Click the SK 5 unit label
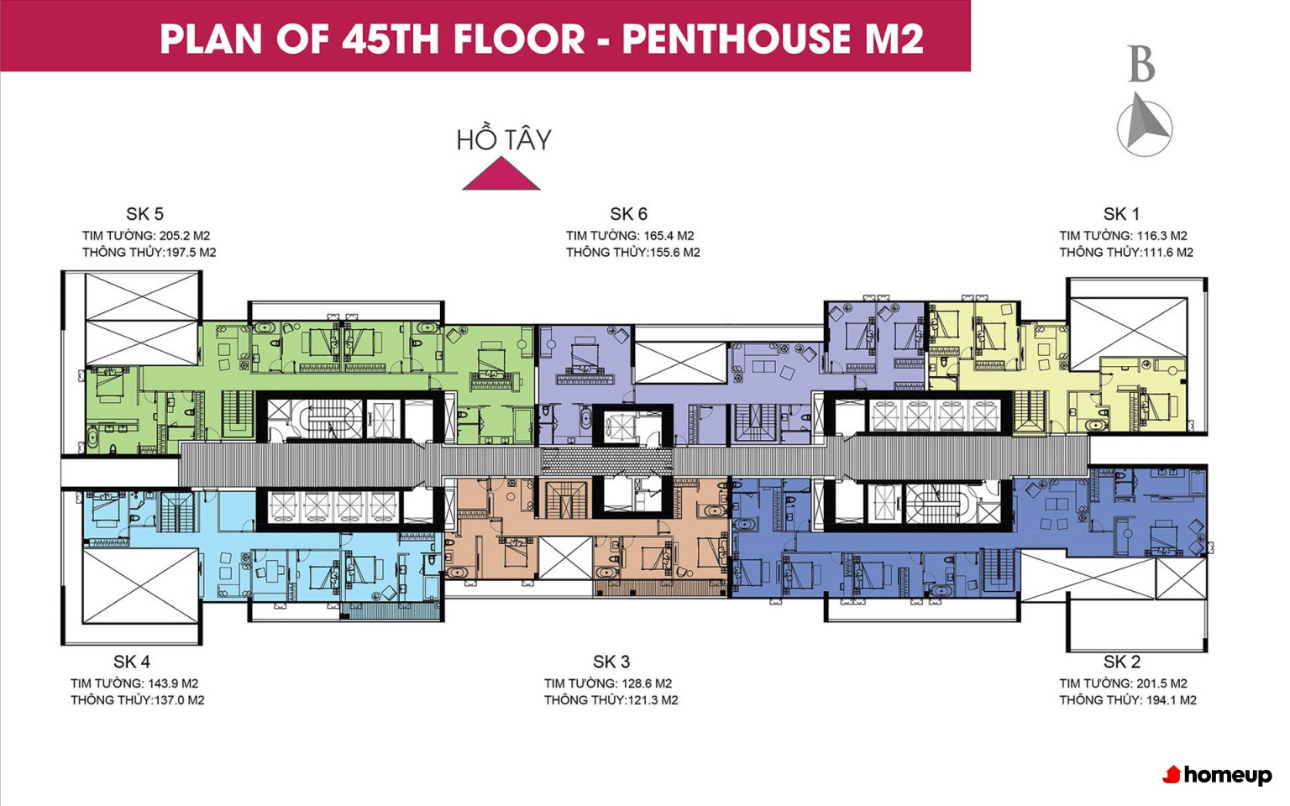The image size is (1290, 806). click(144, 214)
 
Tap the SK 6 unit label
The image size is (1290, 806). click(629, 214)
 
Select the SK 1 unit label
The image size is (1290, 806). click(1121, 214)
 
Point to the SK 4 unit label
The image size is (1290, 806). click(131, 662)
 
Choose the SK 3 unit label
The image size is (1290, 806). click(611, 662)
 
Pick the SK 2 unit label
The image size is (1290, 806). click(1121, 662)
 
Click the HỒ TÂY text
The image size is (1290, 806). click(504, 139)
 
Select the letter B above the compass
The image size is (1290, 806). click(1142, 64)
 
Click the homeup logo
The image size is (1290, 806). click(1217, 775)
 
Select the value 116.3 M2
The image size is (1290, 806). click(1162, 236)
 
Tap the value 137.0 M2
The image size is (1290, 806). click(179, 701)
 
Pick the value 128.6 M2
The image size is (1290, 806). click(647, 684)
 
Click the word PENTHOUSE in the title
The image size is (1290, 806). click(736, 39)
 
